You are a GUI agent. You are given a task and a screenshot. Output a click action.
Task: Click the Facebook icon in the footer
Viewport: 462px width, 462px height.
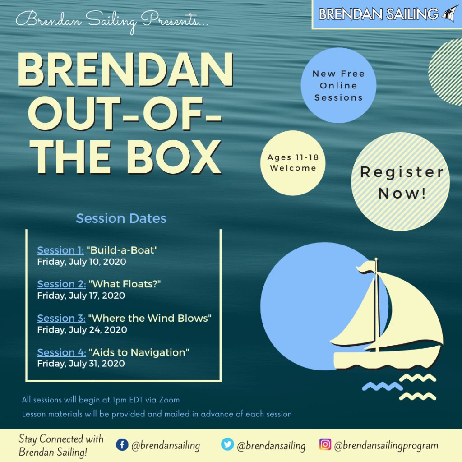coord(122,444)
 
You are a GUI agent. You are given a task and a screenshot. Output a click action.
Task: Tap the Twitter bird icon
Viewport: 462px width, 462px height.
coord(227,444)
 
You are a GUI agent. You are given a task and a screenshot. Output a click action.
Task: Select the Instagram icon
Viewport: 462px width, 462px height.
coord(325,444)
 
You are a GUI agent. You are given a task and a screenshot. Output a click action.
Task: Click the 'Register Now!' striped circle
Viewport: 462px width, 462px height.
coord(401,181)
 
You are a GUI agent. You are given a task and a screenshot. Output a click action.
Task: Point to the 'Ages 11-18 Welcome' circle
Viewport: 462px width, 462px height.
coord(293,163)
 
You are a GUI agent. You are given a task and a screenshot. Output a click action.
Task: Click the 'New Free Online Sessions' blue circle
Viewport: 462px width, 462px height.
coord(338,85)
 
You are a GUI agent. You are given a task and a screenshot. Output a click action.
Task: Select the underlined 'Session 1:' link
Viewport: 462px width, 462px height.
coord(60,250)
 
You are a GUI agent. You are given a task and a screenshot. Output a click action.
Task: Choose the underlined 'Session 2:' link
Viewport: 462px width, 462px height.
coord(61,284)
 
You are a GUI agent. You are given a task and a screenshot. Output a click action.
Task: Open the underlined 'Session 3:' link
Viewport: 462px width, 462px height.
coord(61,318)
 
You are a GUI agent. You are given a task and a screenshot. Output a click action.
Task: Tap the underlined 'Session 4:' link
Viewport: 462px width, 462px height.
coord(61,352)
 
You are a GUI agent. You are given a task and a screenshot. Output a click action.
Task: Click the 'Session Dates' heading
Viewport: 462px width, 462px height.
coord(121,218)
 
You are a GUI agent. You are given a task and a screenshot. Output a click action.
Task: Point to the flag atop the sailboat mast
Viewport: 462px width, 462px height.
coord(365,267)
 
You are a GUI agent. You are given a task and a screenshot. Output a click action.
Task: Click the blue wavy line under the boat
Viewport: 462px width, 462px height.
coord(382,386)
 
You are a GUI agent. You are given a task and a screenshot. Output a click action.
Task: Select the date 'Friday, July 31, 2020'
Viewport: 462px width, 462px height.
coord(81,364)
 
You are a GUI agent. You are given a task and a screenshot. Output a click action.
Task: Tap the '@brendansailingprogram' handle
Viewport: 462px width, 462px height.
coord(386,445)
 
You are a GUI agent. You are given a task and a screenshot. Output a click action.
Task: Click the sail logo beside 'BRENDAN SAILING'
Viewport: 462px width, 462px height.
coord(450,13)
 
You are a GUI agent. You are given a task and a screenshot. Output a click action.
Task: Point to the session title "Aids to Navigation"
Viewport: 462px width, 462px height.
coord(139,352)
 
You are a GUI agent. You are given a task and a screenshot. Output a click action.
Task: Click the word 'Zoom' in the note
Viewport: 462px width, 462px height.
coord(169,400)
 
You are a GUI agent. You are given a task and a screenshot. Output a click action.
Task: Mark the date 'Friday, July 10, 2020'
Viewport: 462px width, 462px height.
coord(82,262)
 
